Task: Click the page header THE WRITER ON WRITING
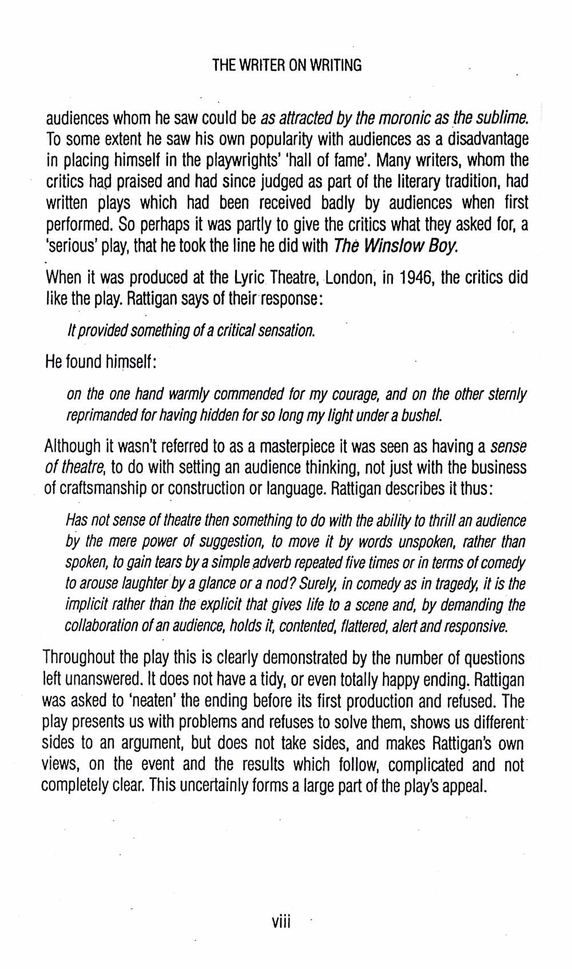tap(287, 65)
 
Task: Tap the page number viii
tap(282, 922)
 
